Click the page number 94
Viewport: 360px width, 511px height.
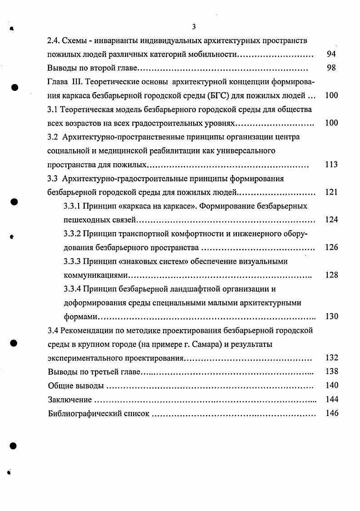(x=331, y=54)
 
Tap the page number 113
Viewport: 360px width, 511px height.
(x=331, y=165)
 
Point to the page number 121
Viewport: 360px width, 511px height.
(x=331, y=192)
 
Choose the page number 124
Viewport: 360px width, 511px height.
(x=331, y=220)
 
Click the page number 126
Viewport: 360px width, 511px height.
(x=331, y=247)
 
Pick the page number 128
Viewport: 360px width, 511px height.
(x=331, y=275)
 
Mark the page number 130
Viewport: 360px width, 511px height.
(x=331, y=316)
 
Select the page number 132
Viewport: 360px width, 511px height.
(x=331, y=358)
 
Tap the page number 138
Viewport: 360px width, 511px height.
(x=331, y=371)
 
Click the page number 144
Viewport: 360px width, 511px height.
(x=331, y=400)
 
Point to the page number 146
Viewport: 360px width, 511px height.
(x=331, y=414)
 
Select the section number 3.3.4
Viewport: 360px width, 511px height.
(x=72, y=289)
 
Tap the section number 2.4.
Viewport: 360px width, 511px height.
(x=54, y=40)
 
